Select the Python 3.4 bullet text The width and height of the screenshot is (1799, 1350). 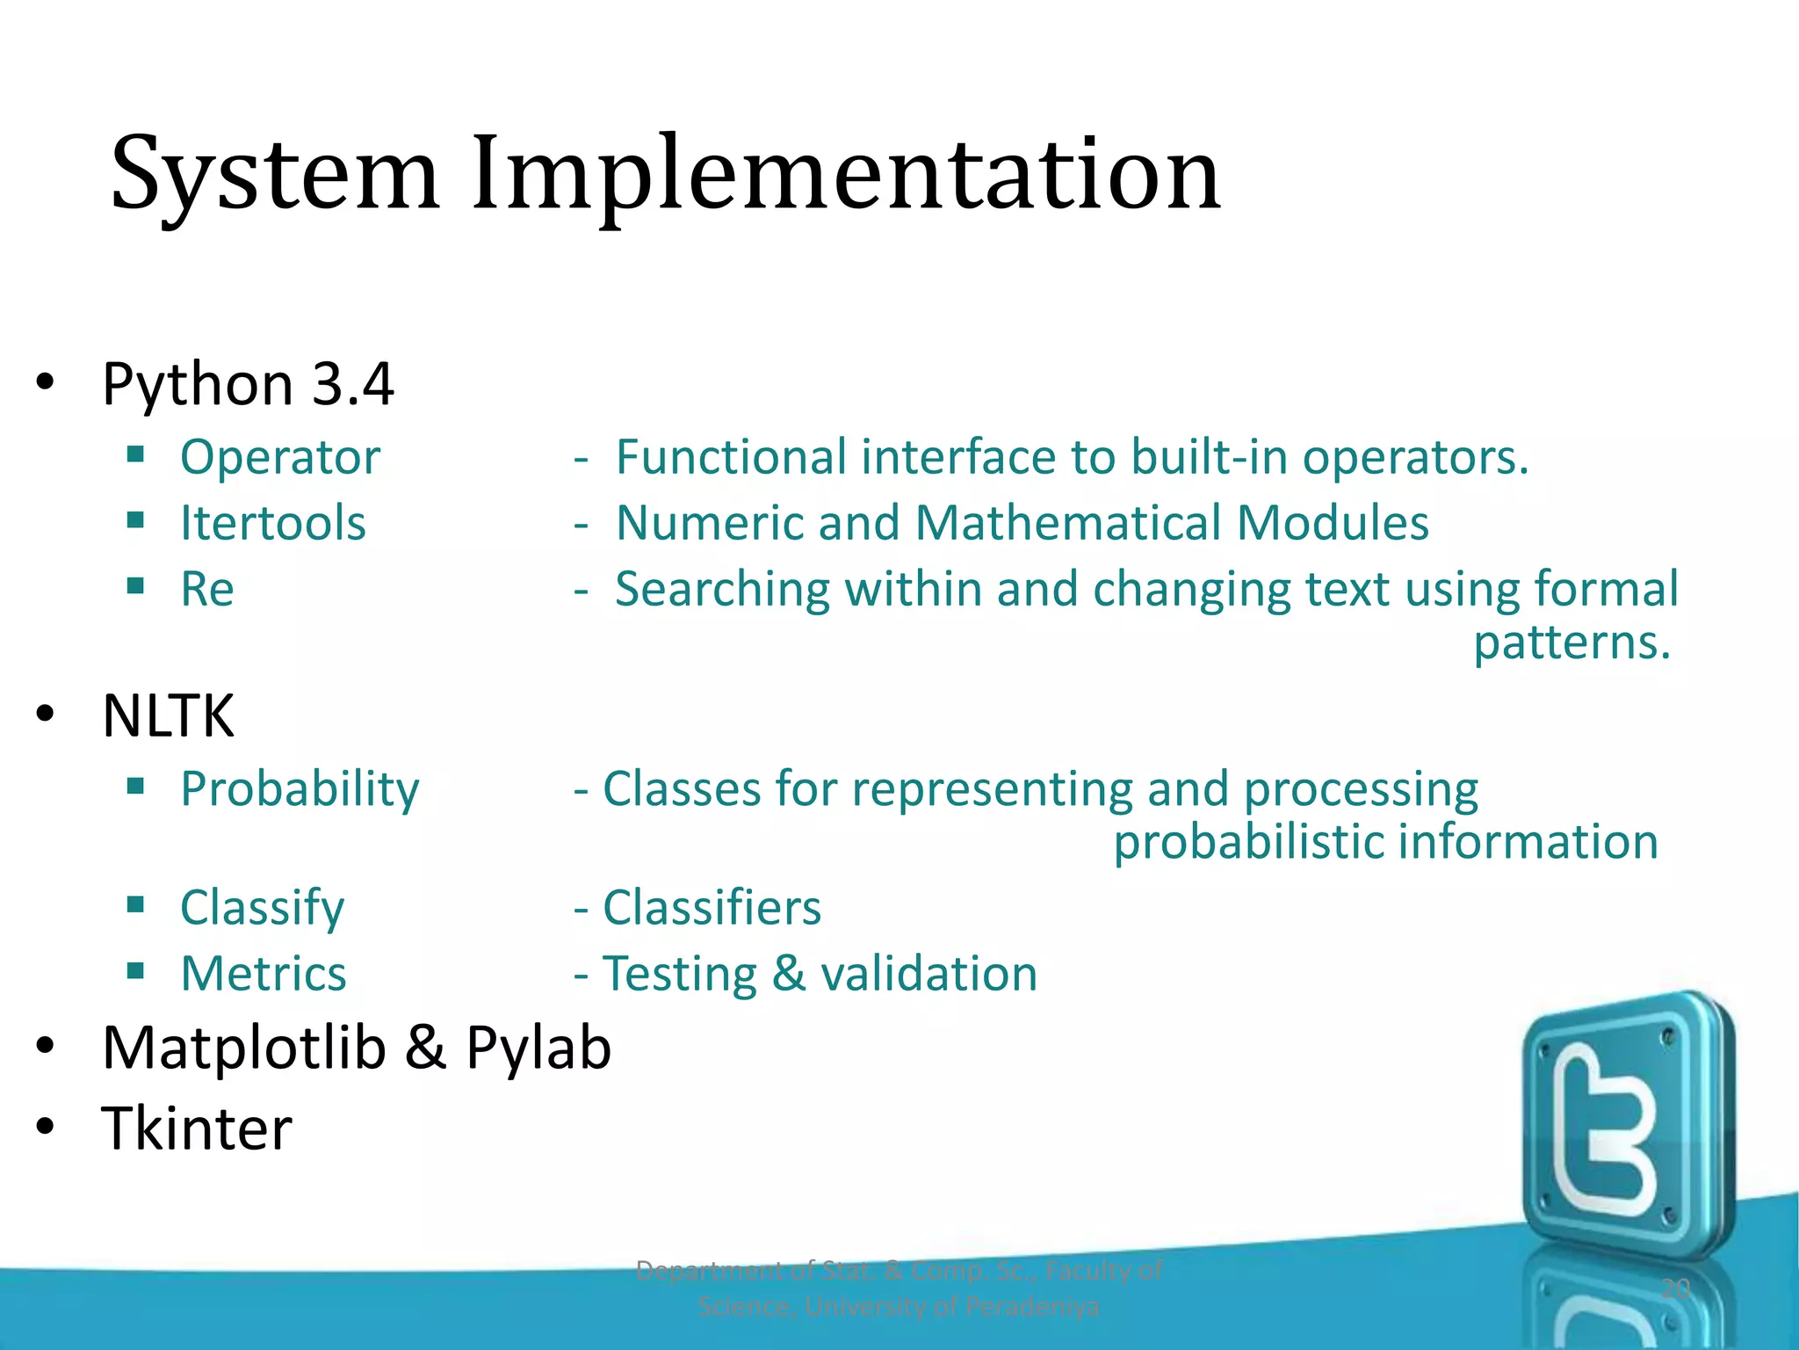pyautogui.click(x=248, y=385)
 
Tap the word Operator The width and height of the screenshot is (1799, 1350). pyautogui.click(x=280, y=458)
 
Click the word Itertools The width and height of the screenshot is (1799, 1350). pyautogui.click(x=272, y=523)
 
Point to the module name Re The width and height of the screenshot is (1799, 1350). pyautogui.click(x=207, y=589)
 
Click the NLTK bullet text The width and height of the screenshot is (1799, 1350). pyautogui.click(x=168, y=716)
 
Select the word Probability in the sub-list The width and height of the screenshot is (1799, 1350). pyautogui.click(x=300, y=789)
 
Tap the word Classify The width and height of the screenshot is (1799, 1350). pyautogui.click(x=262, y=908)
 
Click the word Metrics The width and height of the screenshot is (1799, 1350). pyautogui.click(x=264, y=974)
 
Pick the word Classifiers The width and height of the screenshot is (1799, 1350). pyautogui.click(x=712, y=908)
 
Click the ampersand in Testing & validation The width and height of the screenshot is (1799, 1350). pyautogui.click(x=788, y=974)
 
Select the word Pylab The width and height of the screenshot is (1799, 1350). pyautogui.click(x=538, y=1048)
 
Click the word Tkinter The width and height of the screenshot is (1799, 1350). pyautogui.click(x=197, y=1129)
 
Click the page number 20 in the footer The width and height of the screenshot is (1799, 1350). pyautogui.click(x=1676, y=1288)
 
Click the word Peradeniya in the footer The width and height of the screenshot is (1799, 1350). pyautogui.click(x=1031, y=1307)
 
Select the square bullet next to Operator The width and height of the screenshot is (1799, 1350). pyautogui.click(x=135, y=454)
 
